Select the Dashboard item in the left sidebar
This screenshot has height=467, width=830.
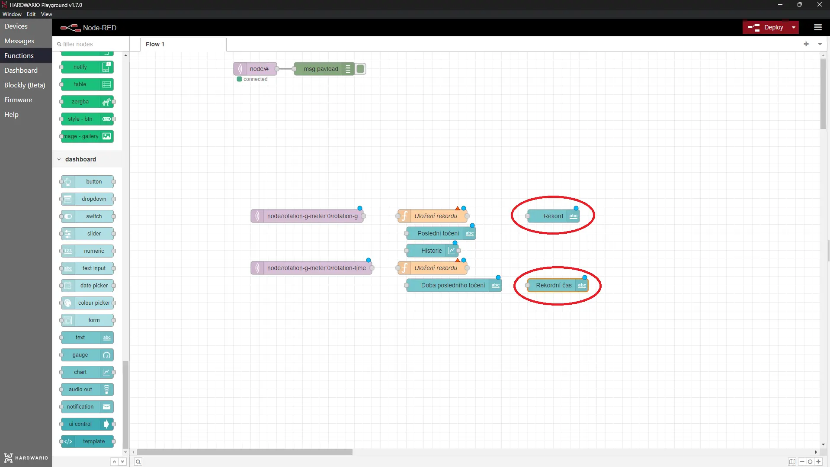[x=21, y=70]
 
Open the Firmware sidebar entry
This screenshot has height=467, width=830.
[x=18, y=100]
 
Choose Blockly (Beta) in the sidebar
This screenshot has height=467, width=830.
[x=25, y=85]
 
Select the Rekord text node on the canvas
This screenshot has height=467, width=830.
[x=553, y=216]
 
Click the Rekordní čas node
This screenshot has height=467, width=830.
[x=558, y=285]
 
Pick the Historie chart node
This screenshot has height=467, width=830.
[x=432, y=251]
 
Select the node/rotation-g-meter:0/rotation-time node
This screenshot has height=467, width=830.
[x=311, y=268]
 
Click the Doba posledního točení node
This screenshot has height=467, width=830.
[x=454, y=285]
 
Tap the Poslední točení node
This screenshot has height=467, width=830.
[x=441, y=233]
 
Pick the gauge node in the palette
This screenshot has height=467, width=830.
[x=87, y=355]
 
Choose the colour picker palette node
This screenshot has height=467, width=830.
[x=87, y=303]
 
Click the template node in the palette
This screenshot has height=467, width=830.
[x=87, y=441]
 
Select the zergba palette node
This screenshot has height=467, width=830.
[x=87, y=102]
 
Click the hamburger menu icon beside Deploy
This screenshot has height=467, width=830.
[x=817, y=27]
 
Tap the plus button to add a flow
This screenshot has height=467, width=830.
[x=806, y=44]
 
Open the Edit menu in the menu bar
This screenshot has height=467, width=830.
[x=31, y=14]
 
